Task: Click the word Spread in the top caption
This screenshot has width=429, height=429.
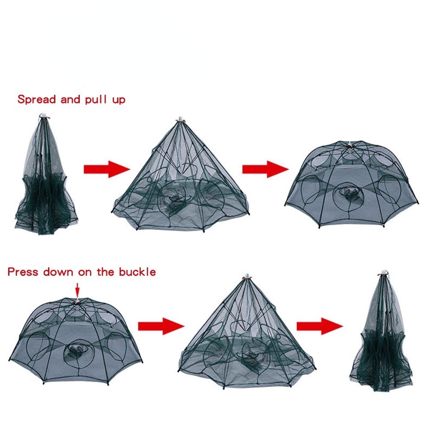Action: (x=36, y=100)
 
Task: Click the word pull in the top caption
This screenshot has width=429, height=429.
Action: (x=96, y=100)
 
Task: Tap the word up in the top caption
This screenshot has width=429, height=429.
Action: (x=118, y=100)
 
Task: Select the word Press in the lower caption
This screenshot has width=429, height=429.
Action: (x=23, y=272)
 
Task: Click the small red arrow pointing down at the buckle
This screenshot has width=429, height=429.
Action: (x=77, y=290)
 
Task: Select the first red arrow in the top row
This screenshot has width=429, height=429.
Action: (x=107, y=169)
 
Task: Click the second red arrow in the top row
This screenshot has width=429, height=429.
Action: (x=266, y=169)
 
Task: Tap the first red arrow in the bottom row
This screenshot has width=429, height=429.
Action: (x=161, y=326)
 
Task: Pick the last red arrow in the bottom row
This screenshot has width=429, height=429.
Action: (x=320, y=326)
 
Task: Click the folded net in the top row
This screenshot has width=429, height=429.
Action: (x=45, y=175)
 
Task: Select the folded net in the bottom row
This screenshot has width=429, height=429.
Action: (x=381, y=331)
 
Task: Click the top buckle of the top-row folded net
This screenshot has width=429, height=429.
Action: (x=44, y=116)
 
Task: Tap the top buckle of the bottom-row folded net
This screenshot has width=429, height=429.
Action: (x=384, y=272)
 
